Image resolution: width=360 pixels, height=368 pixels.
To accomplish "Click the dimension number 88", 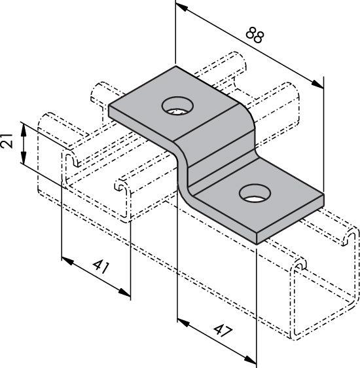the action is click(255, 35).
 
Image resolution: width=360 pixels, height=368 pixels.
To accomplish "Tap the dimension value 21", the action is click(7, 140).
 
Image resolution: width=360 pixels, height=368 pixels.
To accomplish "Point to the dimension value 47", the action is click(223, 331).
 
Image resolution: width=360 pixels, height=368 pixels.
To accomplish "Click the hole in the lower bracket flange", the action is click(255, 193).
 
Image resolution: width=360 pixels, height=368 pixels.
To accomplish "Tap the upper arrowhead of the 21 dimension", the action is click(24, 130).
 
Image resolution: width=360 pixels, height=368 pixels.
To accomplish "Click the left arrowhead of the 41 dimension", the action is click(67, 261).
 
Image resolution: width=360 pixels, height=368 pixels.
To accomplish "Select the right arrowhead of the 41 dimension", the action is click(124, 292).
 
